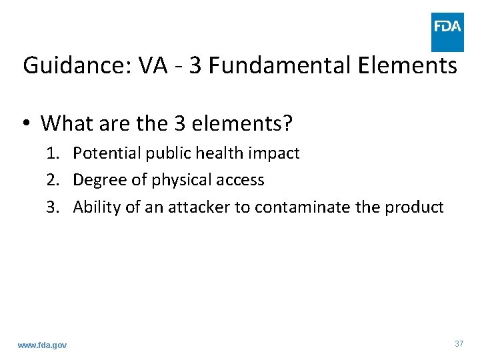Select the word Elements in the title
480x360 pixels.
(408, 66)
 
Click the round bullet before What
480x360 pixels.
(27, 124)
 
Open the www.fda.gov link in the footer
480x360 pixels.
(42, 345)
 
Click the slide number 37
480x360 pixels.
(459, 344)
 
